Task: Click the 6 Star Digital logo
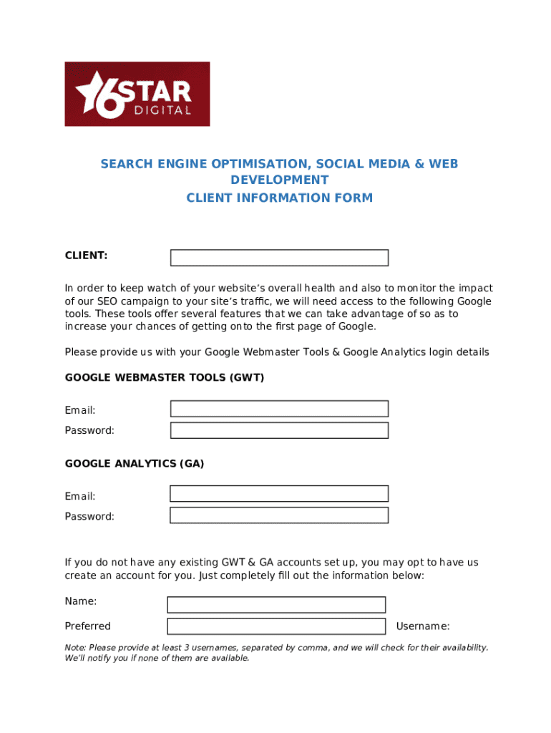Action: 137,94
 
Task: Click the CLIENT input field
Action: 279,258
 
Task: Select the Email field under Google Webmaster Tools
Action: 279,409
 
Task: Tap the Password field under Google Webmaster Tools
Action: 279,430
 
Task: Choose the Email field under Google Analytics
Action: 279,494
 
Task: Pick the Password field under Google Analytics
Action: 279,515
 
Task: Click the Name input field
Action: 276,605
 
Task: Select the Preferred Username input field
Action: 276,626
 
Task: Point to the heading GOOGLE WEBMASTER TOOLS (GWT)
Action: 165,377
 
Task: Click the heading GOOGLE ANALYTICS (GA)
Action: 135,463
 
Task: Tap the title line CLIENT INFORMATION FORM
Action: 279,198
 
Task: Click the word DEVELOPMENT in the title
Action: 279,180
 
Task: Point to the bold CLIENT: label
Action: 86,255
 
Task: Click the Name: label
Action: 81,601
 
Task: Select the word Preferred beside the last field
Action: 88,626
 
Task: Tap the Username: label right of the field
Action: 423,626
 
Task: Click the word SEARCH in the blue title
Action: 126,164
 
